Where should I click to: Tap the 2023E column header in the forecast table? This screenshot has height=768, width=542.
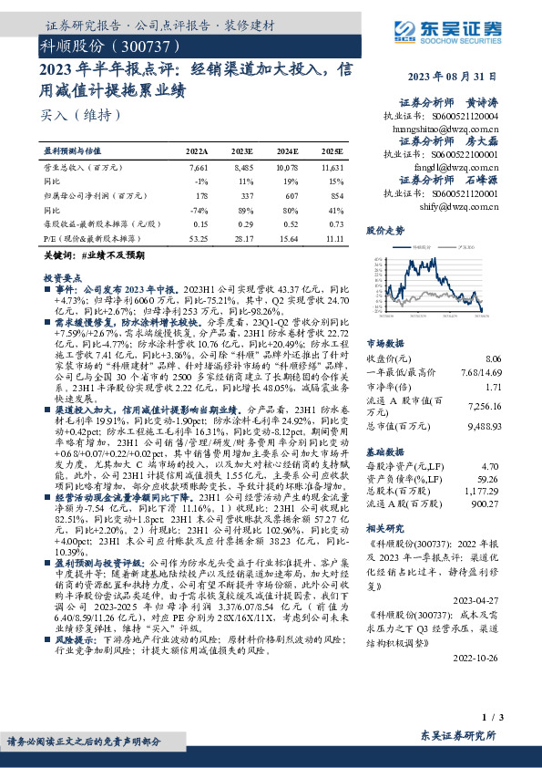[x=241, y=150]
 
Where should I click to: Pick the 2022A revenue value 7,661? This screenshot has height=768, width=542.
[x=198, y=168]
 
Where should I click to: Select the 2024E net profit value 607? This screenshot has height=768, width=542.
[x=287, y=194]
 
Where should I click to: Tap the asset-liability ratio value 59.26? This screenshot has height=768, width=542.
[x=488, y=478]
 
